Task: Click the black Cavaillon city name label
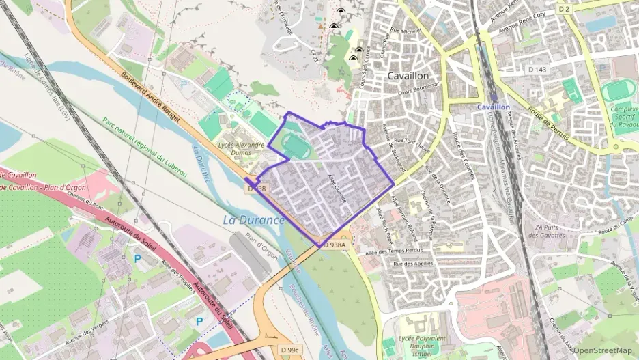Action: pos(408,76)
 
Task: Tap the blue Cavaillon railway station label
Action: pos(494,107)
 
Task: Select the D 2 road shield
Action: pos(563,9)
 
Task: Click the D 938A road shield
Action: pos(335,244)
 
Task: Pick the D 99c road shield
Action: pos(290,350)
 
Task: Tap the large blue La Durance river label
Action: pos(253,220)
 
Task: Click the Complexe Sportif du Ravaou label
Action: pos(623,118)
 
